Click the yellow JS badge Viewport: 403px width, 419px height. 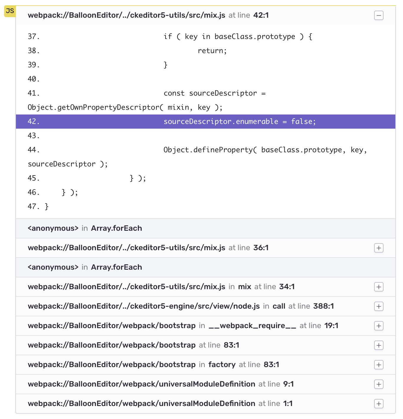(10, 11)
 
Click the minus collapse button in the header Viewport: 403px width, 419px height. (379, 15)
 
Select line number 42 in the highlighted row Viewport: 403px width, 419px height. (33, 122)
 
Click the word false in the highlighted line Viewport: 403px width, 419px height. (303, 122)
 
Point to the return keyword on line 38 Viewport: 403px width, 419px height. (212, 51)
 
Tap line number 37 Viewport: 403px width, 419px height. (33, 37)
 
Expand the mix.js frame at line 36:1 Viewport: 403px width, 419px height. (379, 248)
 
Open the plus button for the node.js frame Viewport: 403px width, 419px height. (379, 306)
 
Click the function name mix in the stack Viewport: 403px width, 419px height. (245, 287)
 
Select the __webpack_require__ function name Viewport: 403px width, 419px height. (252, 326)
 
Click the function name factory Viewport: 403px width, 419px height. (222, 365)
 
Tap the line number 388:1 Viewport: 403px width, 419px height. (323, 306)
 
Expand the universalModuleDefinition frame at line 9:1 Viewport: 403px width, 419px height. (379, 384)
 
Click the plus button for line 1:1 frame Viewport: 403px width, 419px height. (379, 404)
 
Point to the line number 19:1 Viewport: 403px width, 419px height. (331, 326)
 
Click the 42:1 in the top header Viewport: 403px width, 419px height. (261, 15)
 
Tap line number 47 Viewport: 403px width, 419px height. (33, 207)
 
